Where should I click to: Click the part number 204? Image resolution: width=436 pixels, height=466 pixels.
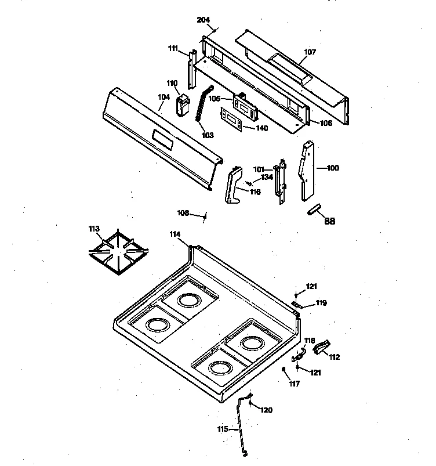tap(203, 20)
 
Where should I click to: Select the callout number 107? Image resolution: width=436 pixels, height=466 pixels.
tap(310, 52)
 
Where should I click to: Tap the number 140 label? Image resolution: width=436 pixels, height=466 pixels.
tap(261, 128)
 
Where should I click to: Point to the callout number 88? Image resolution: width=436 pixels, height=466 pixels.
tap(329, 221)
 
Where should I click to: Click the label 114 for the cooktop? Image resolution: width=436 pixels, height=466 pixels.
tap(175, 234)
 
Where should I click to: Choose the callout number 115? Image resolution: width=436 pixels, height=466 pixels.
tap(223, 429)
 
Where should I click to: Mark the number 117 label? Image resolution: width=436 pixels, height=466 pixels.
tap(295, 384)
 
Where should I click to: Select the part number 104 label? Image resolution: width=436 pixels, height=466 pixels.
tap(165, 98)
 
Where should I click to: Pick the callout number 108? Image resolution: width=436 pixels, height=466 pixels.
tap(183, 213)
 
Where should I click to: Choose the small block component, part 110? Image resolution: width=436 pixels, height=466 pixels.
tap(183, 106)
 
